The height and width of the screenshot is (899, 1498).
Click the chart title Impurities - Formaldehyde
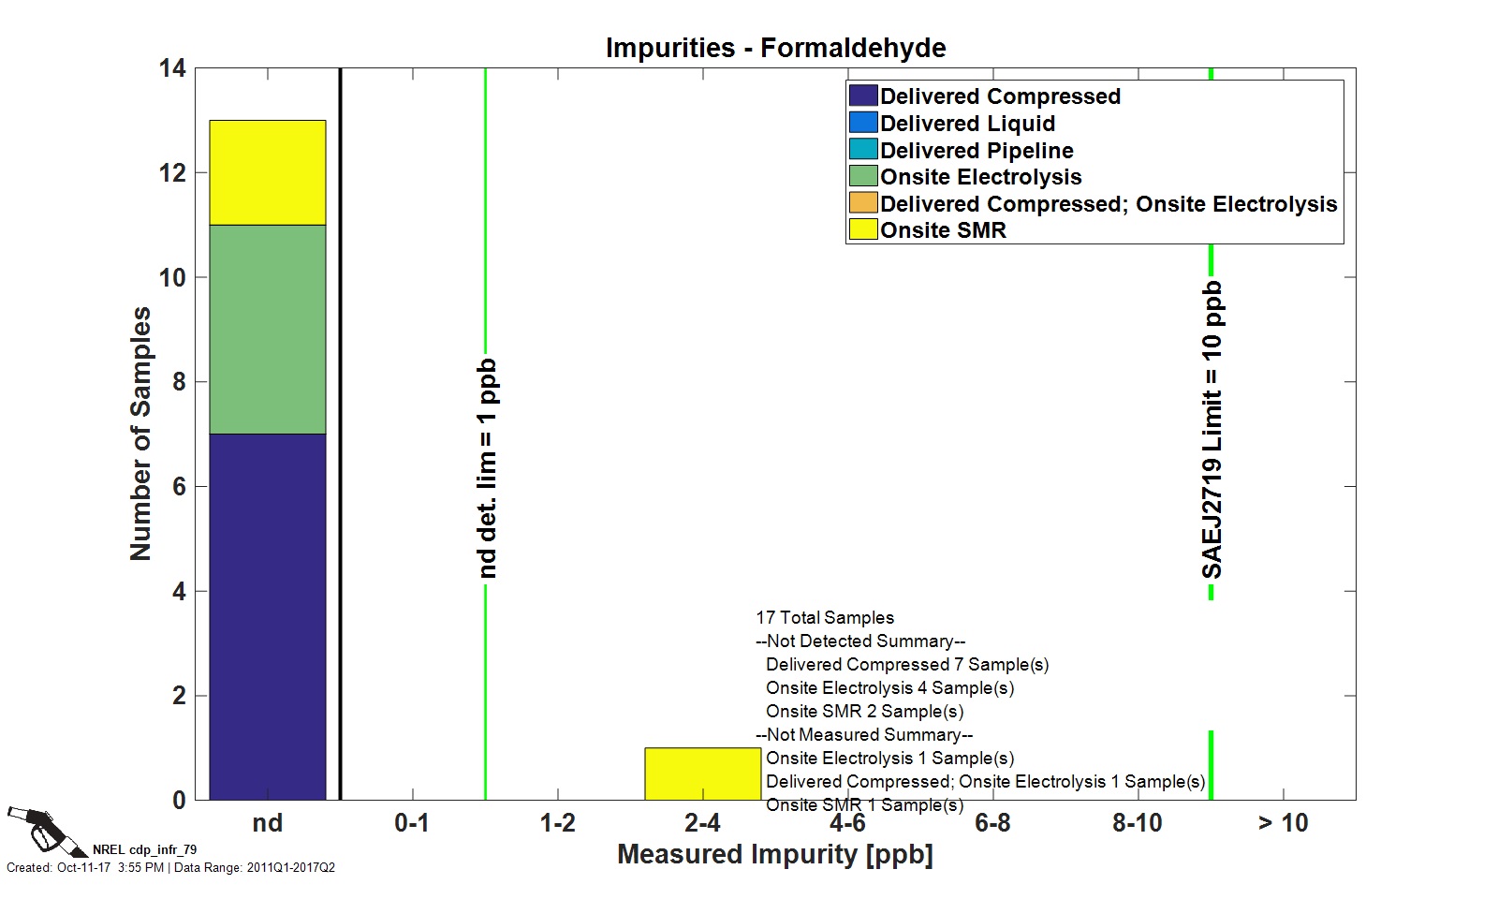775,48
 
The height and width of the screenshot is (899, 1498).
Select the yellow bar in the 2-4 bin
702,774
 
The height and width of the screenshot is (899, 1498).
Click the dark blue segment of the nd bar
267,616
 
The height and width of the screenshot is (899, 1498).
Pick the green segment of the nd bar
267,329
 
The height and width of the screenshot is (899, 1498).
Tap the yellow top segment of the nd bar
267,172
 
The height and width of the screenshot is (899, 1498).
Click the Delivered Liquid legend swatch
862,123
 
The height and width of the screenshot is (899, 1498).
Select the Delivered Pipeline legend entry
976,150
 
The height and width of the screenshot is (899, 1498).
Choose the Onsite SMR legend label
942,230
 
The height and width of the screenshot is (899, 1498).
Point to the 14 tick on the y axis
172,68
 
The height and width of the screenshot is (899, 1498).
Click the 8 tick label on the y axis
178,382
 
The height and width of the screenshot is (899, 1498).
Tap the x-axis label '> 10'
1283,823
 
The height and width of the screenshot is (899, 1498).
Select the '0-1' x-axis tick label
412,823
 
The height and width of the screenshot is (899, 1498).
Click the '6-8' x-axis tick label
992,823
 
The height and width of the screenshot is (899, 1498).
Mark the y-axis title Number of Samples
140,434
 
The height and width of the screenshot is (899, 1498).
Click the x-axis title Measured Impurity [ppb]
775,854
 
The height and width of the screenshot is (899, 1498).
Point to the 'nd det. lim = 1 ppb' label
487,468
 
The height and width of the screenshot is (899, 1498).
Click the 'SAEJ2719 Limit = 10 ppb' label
1212,430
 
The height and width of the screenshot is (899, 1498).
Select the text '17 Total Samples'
825,618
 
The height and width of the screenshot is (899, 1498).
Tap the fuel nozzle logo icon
37,829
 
